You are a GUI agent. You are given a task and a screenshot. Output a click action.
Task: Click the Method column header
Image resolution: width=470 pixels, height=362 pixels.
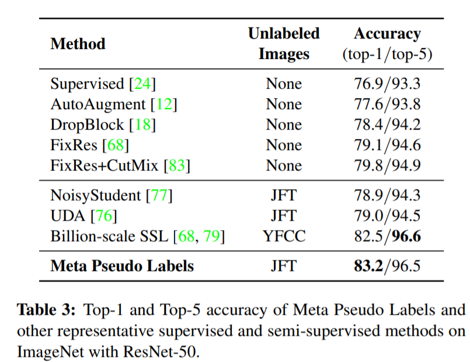click(x=78, y=44)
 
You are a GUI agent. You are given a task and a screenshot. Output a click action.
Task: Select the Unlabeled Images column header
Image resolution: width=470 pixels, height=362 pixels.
click(x=284, y=44)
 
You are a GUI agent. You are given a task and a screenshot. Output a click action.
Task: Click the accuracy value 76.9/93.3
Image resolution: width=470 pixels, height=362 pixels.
click(x=387, y=83)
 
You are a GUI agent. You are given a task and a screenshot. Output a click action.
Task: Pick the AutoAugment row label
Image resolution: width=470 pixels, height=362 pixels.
click(x=98, y=104)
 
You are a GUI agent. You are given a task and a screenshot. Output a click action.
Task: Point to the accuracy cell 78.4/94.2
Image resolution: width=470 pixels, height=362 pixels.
click(x=387, y=124)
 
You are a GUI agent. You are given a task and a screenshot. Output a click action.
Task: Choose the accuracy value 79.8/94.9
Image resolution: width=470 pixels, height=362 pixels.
click(x=387, y=165)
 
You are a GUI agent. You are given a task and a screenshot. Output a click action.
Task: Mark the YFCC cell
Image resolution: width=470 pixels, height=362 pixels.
click(x=284, y=236)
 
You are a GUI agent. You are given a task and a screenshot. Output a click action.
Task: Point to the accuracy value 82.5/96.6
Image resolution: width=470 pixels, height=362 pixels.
click(x=387, y=236)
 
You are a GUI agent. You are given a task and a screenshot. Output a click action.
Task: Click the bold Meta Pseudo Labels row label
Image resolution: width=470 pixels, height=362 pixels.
click(x=122, y=266)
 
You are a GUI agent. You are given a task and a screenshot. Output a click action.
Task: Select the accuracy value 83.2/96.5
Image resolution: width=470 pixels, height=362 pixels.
click(x=387, y=266)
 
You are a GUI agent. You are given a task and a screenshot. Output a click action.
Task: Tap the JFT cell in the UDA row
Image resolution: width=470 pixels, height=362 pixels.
click(x=284, y=216)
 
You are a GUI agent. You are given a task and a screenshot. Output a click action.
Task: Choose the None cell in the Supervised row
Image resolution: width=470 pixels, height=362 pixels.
click(x=284, y=83)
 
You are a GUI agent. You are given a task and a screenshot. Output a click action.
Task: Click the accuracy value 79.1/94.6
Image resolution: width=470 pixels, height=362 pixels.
click(x=387, y=145)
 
